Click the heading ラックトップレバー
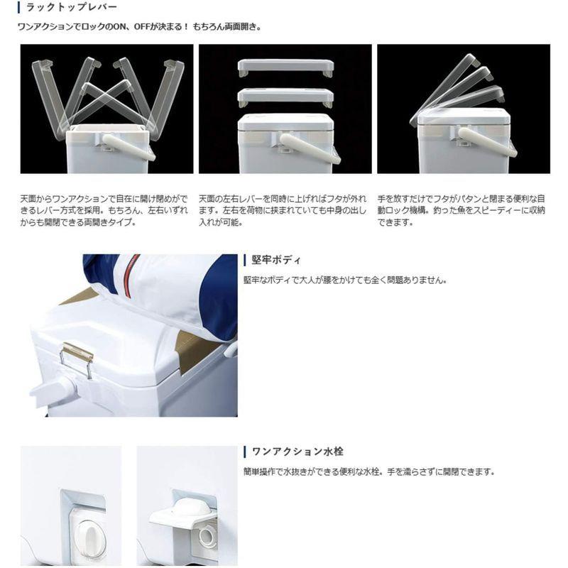65,8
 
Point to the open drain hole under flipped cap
208,533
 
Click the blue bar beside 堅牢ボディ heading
245,260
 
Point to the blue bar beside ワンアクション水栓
245,452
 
